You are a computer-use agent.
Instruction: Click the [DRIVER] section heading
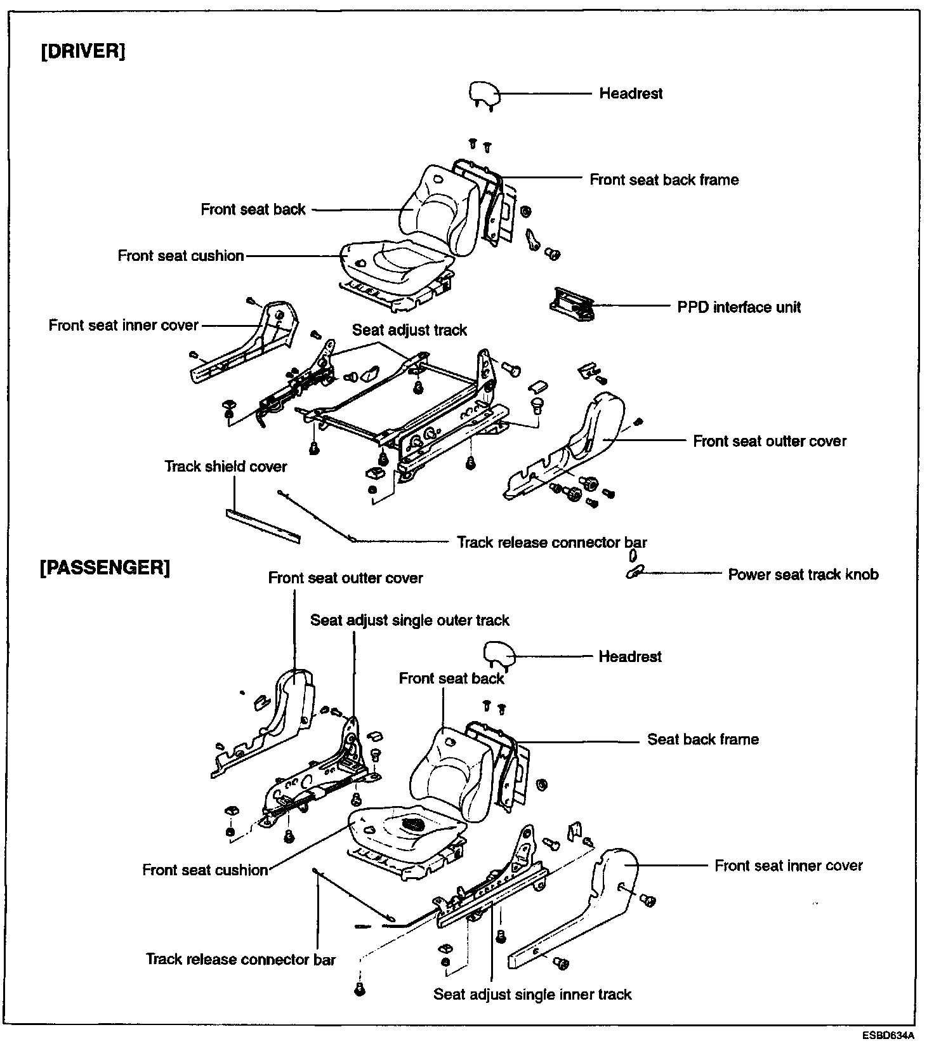click(x=83, y=51)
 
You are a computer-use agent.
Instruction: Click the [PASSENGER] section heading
click(x=105, y=567)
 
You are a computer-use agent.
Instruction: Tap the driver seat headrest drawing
click(x=485, y=94)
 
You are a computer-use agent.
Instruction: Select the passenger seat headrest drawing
click(x=499, y=654)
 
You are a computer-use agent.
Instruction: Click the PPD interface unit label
click(x=739, y=307)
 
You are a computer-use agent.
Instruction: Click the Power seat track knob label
click(x=803, y=574)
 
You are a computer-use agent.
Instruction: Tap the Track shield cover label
click(x=226, y=467)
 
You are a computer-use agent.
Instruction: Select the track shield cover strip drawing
click(x=263, y=525)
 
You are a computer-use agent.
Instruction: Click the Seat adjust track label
click(x=409, y=330)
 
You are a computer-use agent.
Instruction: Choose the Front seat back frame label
click(x=664, y=180)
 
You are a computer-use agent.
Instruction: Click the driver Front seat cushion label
click(x=181, y=256)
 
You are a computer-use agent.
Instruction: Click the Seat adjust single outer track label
click(x=409, y=620)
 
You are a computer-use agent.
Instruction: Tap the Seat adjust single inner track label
click(x=532, y=994)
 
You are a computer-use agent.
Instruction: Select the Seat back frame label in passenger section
click(x=702, y=739)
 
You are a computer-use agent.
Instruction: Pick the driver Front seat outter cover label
click(x=769, y=441)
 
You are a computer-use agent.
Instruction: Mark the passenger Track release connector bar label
click(x=240, y=959)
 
